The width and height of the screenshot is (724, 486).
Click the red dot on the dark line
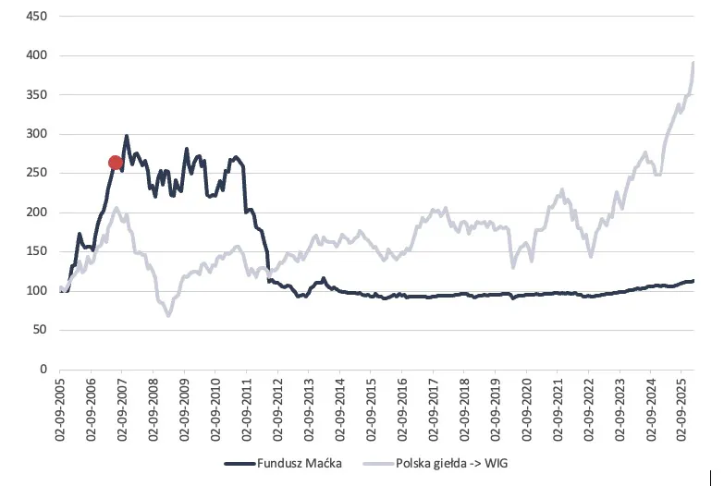click(x=116, y=163)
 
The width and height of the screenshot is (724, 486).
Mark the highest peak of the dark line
click(x=127, y=137)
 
